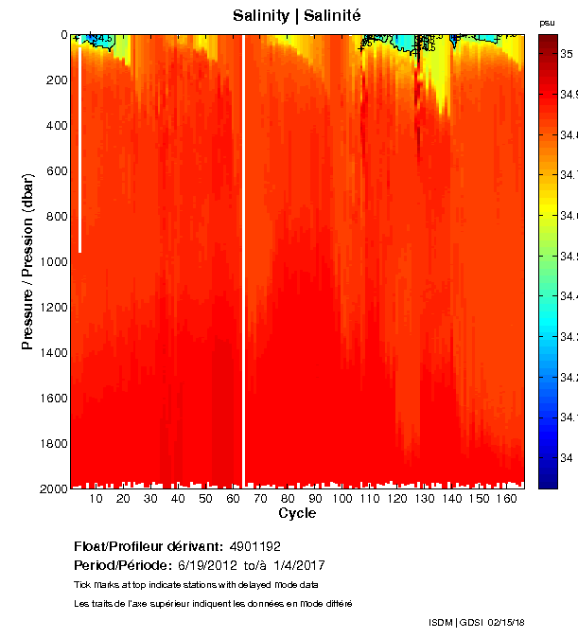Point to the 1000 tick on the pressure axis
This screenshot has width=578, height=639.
coord(55,261)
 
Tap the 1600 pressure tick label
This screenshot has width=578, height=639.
coord(55,398)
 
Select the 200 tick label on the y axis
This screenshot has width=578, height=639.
coord(59,80)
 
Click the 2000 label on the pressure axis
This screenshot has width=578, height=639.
coord(55,488)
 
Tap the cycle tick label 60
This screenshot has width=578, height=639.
coord(233,499)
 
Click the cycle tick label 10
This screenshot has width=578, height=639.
coord(96,499)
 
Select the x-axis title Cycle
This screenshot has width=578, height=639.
coord(297,514)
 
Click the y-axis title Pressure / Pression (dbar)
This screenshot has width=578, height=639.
coord(28,261)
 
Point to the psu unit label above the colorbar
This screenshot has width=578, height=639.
coord(547,22)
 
